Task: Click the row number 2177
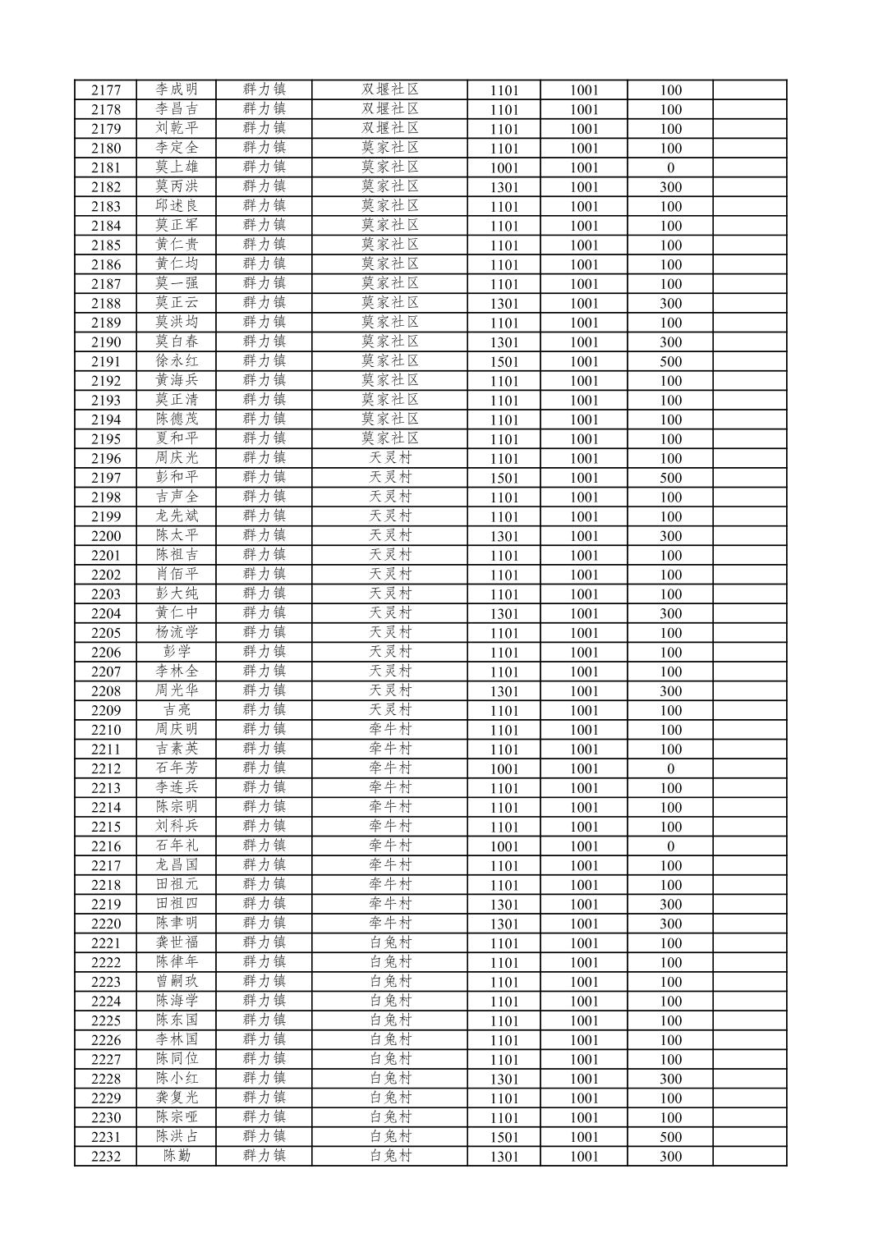(106, 90)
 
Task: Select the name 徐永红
(177, 361)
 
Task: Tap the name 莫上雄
(177, 167)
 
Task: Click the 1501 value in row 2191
(504, 362)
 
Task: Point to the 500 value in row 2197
(670, 478)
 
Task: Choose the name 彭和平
(177, 478)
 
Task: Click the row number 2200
(106, 536)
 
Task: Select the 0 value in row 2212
(670, 769)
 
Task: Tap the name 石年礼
(177, 846)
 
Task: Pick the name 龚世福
(177, 943)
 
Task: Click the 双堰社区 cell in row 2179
(390, 129)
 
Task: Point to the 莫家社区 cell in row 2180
(390, 148)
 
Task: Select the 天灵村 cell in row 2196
(390, 458)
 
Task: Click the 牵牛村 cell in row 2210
(390, 730)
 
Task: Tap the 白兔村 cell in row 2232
(390, 1156)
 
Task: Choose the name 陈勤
(177, 1156)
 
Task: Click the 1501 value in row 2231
(504, 1137)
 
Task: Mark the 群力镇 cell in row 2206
(264, 652)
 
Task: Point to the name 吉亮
(177, 710)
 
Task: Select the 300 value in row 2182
(670, 187)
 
